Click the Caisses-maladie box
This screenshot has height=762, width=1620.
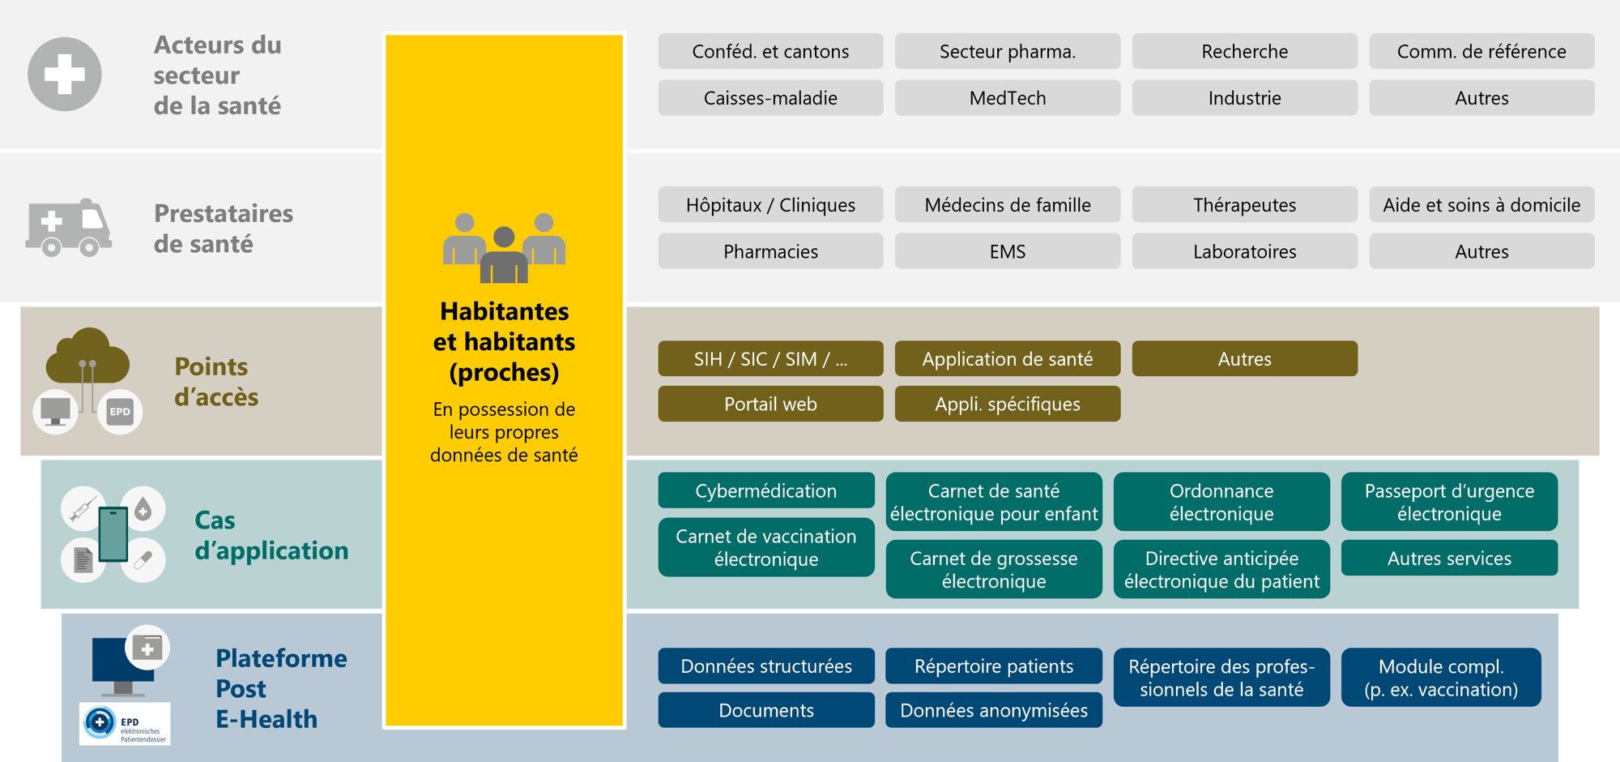point(770,98)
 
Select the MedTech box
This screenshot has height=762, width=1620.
point(1008,98)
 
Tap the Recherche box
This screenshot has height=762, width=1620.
point(1244,52)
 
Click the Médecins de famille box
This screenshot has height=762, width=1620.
point(1008,205)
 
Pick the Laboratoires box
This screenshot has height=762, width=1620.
point(1244,251)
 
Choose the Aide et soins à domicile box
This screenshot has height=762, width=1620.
point(1481,205)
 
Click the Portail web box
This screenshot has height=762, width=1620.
point(770,404)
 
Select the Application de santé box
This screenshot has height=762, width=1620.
point(1008,358)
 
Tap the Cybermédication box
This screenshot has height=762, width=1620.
point(766,490)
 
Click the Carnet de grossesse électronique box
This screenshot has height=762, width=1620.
point(994,569)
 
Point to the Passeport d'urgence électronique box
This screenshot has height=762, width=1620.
point(1449,502)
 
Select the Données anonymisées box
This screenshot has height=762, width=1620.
point(994,710)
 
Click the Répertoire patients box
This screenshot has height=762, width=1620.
point(994,666)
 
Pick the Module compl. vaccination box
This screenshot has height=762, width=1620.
point(1441,678)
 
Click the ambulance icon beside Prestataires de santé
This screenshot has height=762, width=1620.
point(68,228)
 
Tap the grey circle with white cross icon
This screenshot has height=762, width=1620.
point(65,75)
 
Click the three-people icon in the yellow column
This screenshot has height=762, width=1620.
point(504,248)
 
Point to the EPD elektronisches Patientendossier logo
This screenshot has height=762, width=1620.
point(125,724)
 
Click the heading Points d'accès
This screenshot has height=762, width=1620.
point(215,382)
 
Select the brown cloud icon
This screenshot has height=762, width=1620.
point(87,357)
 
